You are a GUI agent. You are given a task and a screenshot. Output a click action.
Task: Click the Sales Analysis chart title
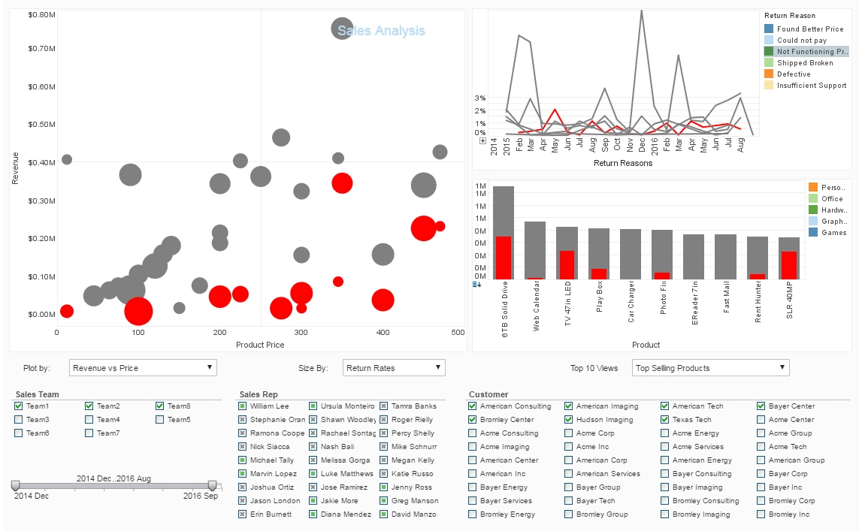pos(381,31)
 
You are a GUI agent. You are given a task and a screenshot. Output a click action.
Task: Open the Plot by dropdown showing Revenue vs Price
pos(143,368)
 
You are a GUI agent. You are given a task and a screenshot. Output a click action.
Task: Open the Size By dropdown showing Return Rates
pos(394,368)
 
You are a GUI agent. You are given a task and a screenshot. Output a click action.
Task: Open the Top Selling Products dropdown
pos(709,368)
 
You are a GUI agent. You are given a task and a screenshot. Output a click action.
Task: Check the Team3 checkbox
pos(18,420)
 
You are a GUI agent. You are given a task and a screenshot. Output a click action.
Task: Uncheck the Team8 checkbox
pos(160,406)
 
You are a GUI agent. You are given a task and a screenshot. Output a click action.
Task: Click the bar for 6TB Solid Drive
pos(504,233)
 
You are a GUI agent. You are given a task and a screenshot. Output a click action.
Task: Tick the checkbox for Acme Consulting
pos(472,433)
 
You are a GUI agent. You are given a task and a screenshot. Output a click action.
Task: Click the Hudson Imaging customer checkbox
pos(568,420)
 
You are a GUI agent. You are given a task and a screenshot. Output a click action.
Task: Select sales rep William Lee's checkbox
pos(242,406)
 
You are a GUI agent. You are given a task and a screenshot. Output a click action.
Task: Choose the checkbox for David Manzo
pos(383,514)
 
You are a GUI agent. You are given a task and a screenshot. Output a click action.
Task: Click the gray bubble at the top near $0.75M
pos(342,29)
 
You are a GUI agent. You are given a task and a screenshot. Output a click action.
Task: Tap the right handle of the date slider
pos(212,486)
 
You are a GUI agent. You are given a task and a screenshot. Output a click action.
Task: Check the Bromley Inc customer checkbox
pos(761,514)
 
